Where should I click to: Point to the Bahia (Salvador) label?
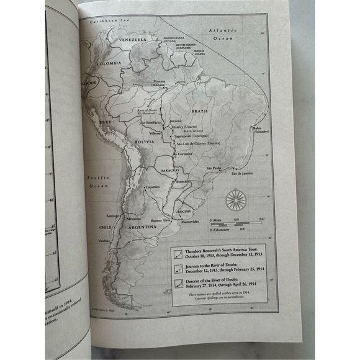pos(261,130)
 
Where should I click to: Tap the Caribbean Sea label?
pos(104,22)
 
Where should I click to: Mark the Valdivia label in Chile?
pos(105,241)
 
